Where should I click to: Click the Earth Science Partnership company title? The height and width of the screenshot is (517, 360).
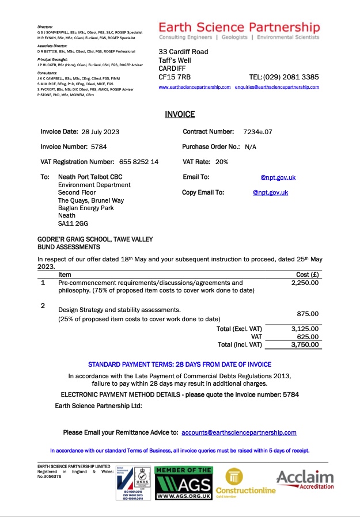pos(238,27)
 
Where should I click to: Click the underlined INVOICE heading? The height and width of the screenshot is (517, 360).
pos(180,115)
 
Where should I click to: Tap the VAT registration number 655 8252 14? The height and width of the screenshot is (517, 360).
pos(139,162)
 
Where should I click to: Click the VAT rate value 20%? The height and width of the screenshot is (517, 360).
pos(222,162)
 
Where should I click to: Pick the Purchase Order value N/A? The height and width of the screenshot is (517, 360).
pos(251,147)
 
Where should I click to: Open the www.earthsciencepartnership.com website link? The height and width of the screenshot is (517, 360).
pos(195,87)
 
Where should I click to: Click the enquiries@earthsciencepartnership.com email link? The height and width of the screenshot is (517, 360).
pos(278,87)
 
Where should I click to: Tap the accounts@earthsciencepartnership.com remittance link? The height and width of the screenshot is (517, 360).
pos(239,432)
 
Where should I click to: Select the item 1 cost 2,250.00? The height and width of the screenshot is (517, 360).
pos(305,283)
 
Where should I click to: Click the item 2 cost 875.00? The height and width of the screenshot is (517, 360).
pos(308,314)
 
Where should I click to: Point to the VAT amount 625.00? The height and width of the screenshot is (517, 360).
pos(308,337)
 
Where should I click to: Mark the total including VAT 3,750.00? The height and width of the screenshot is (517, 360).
pos(305,344)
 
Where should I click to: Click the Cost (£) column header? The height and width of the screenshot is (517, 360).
pos(307,275)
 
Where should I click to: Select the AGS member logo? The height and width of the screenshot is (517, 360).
pos(184,482)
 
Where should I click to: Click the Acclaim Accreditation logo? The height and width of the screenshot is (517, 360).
pos(305,480)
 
